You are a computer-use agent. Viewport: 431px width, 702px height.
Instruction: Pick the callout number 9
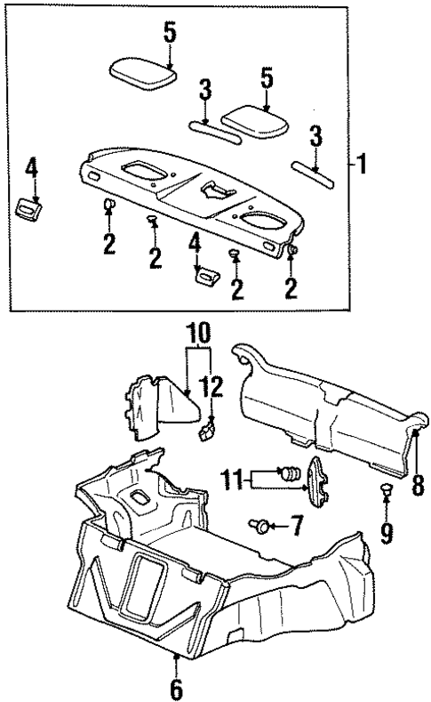pos(386,537)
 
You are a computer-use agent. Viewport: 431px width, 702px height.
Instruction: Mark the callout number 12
pos(212,387)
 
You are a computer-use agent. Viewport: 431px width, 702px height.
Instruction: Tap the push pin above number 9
pos(385,489)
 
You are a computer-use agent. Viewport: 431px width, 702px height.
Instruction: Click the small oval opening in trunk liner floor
pos(140,495)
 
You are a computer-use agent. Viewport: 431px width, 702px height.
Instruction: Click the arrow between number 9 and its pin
pos(386,513)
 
